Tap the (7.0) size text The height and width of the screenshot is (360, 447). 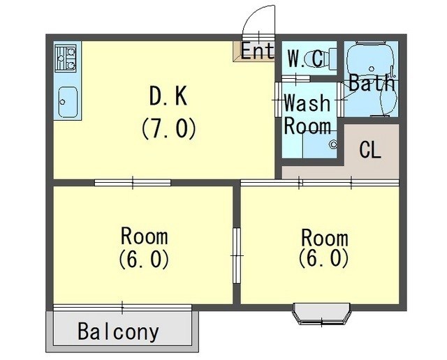(x=168, y=128)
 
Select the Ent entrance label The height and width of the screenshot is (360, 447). (x=258, y=51)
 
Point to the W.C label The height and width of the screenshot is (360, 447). (x=306, y=59)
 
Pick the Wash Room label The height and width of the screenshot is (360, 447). (x=307, y=115)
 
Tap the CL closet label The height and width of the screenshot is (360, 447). (x=370, y=149)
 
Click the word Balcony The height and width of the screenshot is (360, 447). (x=118, y=331)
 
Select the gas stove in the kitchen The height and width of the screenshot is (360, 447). (x=66, y=58)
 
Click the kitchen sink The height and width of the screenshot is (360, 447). (x=68, y=103)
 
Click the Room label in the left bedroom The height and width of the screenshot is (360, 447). (x=144, y=234)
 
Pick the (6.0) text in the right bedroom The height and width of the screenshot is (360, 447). (x=323, y=258)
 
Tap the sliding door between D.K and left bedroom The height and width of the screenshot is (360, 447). (x=133, y=183)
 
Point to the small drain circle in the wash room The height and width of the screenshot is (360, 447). (x=333, y=144)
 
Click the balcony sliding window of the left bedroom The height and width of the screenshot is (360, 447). (x=122, y=306)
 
